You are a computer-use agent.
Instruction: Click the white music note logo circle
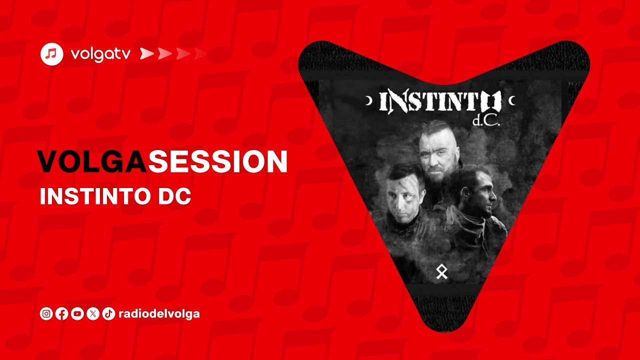[x=52, y=54]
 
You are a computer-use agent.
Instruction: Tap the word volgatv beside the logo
[x=100, y=54]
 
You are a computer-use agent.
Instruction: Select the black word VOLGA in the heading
[x=92, y=161]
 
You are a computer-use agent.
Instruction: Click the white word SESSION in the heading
[x=217, y=161]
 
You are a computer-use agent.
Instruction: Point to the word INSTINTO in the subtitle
[x=94, y=196]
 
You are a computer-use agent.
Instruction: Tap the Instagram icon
[x=46, y=314]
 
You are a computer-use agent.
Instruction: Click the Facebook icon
[x=62, y=314]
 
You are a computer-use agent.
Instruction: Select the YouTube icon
[x=77, y=314]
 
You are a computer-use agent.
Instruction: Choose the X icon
[x=93, y=314]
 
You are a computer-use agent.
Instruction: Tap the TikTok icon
[x=108, y=314]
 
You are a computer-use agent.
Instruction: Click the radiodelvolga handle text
[x=159, y=314]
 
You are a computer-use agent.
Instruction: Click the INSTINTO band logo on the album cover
[x=440, y=102]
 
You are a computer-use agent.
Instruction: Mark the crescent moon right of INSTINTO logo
[x=511, y=101]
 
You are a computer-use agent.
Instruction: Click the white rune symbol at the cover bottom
[x=441, y=272]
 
